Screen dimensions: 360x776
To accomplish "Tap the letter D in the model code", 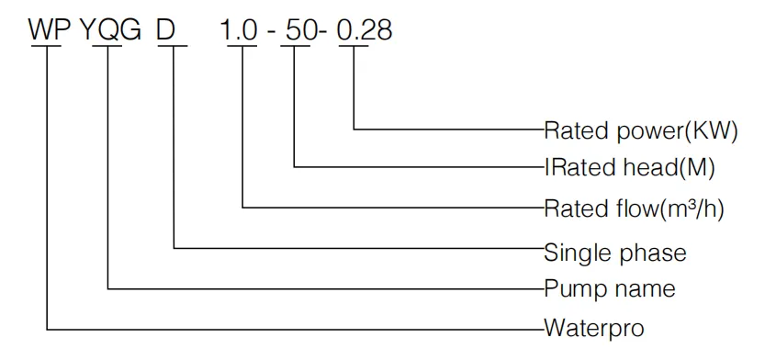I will (x=166, y=30).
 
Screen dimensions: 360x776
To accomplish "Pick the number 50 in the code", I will (x=298, y=30).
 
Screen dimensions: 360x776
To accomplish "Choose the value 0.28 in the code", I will (x=365, y=30).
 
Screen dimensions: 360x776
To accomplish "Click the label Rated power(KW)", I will (x=641, y=130).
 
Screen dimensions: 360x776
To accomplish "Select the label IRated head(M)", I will (x=630, y=169).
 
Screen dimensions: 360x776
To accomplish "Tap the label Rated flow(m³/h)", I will (x=635, y=209).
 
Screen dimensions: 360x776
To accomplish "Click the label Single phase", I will (x=615, y=250).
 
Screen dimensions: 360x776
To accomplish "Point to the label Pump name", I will (x=610, y=289).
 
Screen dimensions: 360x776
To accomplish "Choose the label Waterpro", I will (x=594, y=327).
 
